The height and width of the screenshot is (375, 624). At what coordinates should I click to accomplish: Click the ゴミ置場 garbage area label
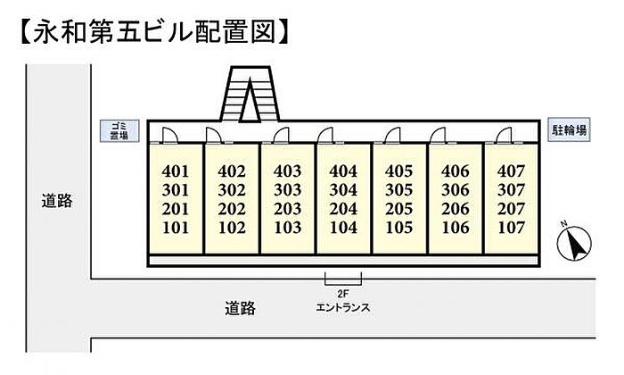coord(119,130)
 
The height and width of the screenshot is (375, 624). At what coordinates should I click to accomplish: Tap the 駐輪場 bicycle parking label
coord(569,129)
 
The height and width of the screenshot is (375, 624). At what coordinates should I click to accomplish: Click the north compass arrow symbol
coord(574,243)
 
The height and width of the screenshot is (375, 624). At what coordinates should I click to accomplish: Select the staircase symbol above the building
coord(250,94)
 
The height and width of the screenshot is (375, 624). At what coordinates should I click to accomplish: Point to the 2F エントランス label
coord(342,301)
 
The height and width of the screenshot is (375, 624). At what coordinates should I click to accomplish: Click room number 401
coord(176,171)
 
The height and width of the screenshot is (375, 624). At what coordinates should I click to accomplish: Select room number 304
coord(343,190)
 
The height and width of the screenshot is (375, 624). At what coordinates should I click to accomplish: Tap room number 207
coord(511,209)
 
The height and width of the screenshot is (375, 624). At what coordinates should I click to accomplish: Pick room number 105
coord(399,228)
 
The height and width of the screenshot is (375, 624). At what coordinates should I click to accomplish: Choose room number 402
coord(232,171)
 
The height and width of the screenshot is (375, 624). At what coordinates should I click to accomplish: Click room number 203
coord(287,209)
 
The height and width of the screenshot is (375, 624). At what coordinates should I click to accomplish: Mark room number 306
coord(456,190)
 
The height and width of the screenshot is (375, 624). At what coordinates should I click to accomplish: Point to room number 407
coord(511,171)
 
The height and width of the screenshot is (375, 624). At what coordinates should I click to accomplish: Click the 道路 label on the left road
coord(57,201)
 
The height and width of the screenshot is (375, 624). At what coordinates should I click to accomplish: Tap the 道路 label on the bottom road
coord(240,308)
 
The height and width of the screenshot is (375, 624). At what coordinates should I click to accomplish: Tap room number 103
coord(287,228)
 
